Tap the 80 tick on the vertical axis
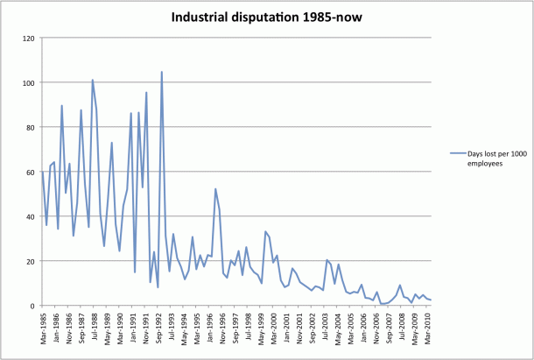(30, 128)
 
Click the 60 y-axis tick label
(30, 173)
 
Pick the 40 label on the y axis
(30, 216)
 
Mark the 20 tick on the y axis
(30, 261)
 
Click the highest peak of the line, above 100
(162, 72)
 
